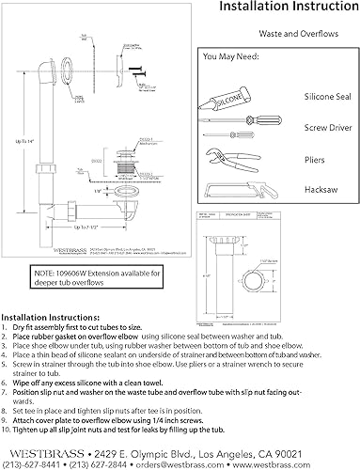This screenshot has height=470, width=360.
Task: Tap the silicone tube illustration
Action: [228, 96]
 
